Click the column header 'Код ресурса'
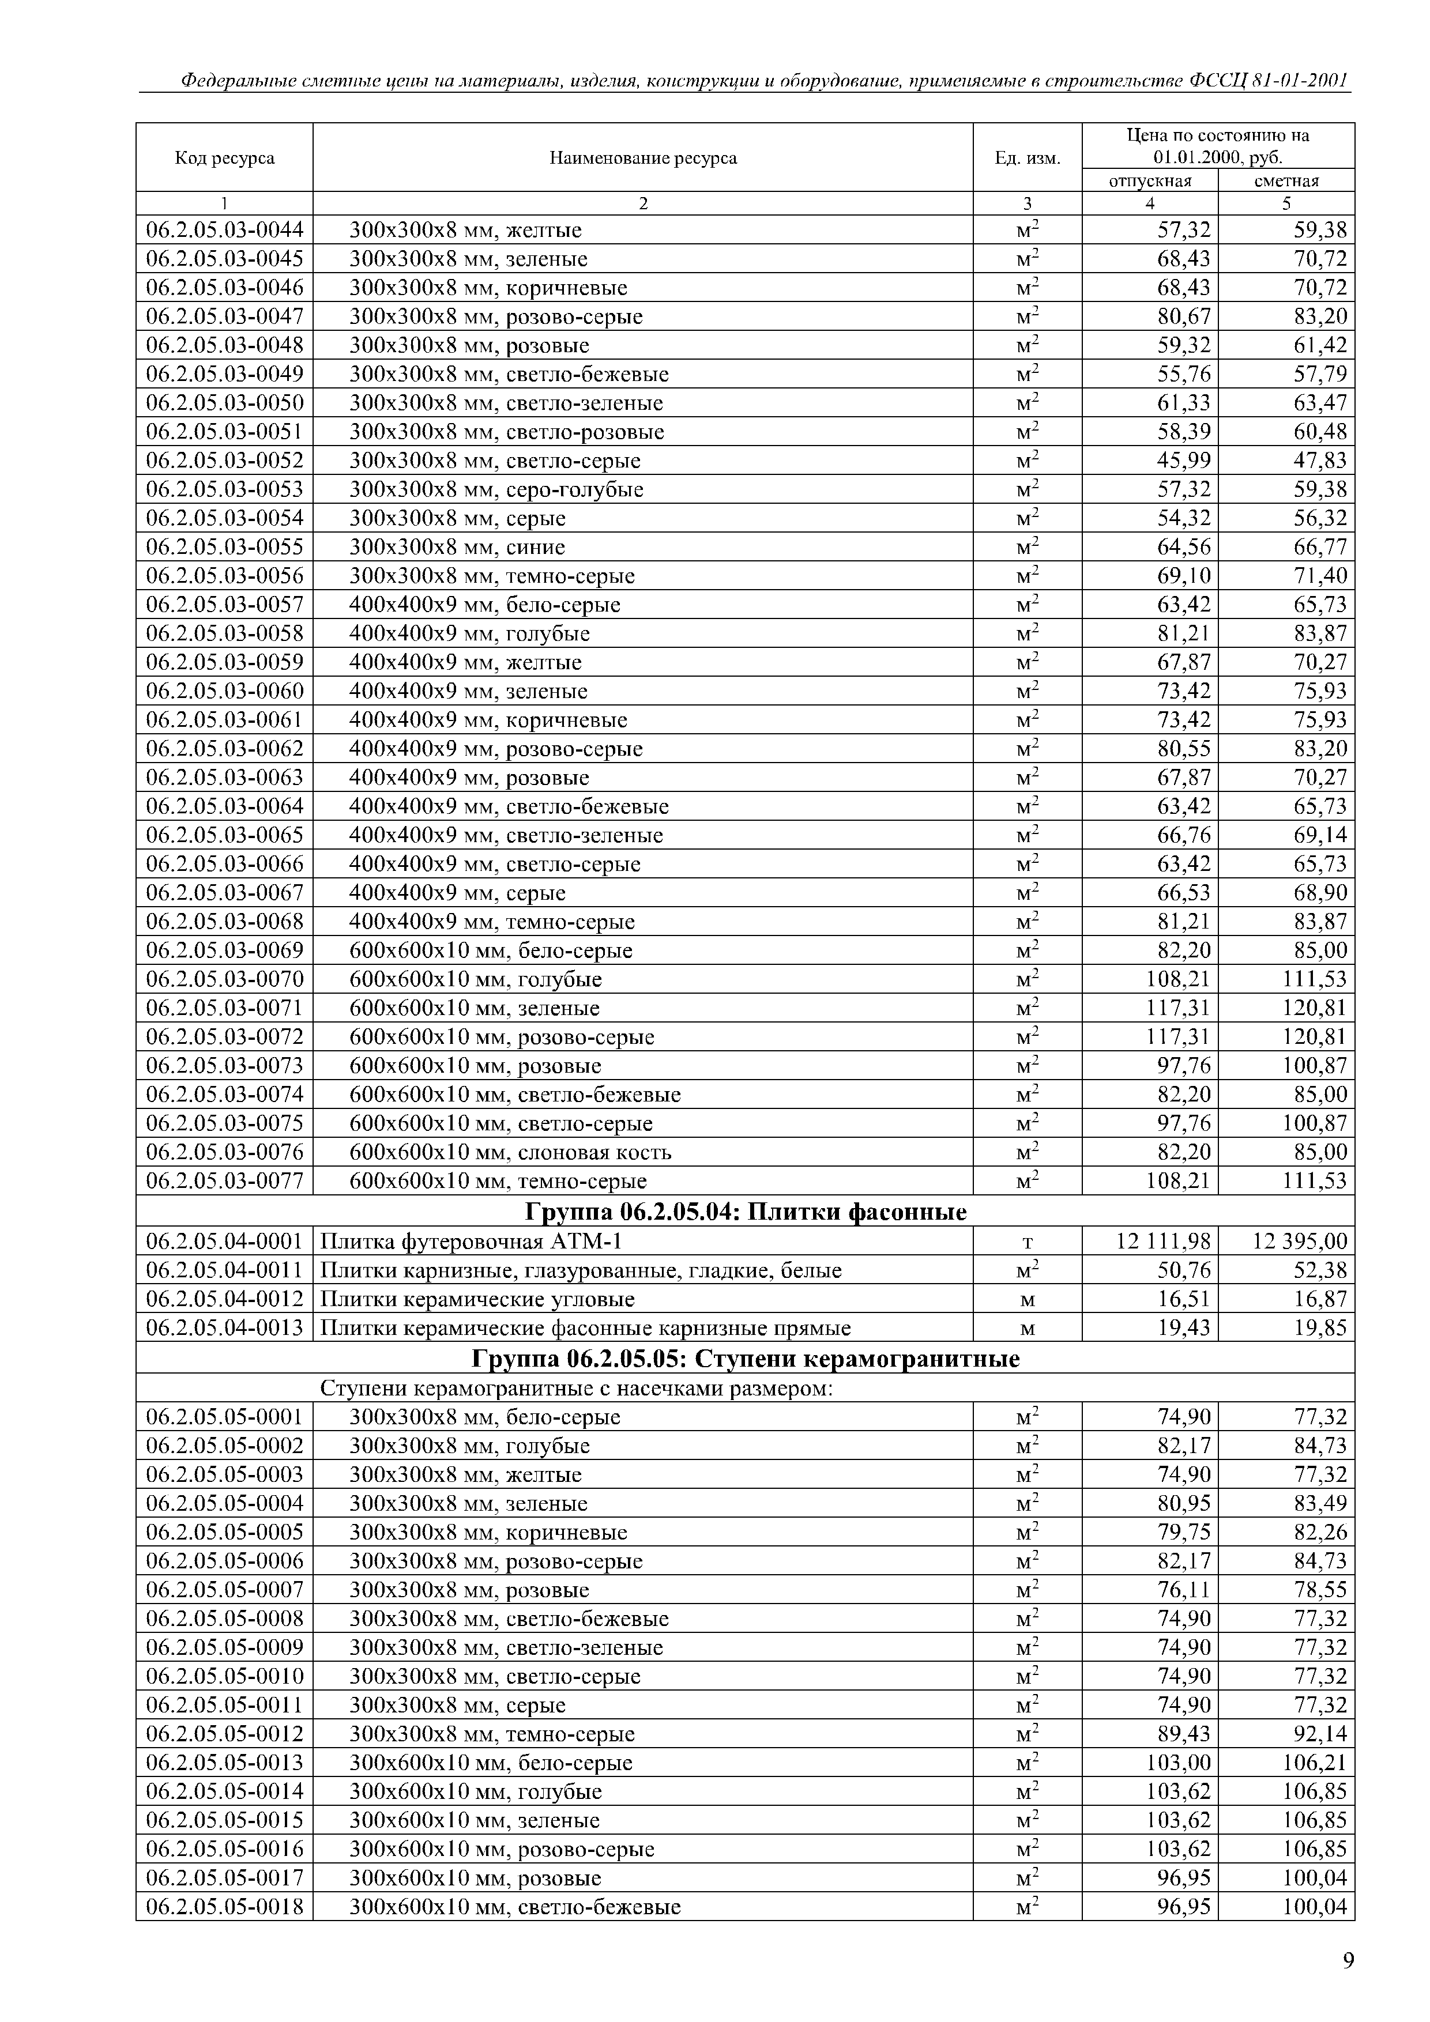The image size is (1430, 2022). pos(225,159)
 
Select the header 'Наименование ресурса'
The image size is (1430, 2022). pos(642,159)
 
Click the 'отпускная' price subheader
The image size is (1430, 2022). pos(1149,180)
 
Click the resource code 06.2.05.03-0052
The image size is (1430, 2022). pos(225,461)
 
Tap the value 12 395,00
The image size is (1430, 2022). pos(1300,1241)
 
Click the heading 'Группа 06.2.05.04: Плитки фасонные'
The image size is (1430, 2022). pos(746,1213)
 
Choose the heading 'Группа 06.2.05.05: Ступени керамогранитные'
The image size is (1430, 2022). pos(746,1359)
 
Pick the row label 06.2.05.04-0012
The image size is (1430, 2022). pos(225,1299)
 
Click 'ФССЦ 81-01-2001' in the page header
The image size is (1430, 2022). pos(1268,81)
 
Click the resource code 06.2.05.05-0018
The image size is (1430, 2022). pos(225,1907)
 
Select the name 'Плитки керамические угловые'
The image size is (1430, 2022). pos(477,1299)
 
